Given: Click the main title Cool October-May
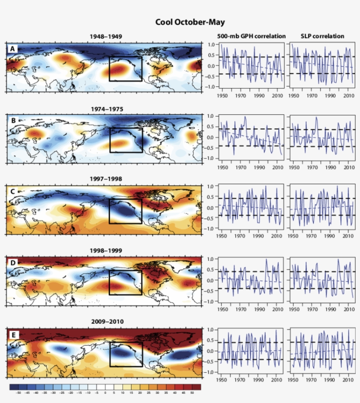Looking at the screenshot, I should coord(190,22).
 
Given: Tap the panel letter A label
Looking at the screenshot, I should coord(13,49).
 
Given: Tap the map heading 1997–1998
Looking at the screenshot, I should coord(105,179).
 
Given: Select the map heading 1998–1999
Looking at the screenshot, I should coord(105,250).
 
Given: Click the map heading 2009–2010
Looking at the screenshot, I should coord(105,321).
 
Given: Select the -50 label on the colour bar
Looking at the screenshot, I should coord(18,393).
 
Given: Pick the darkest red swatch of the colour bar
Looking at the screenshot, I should coord(197,387).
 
